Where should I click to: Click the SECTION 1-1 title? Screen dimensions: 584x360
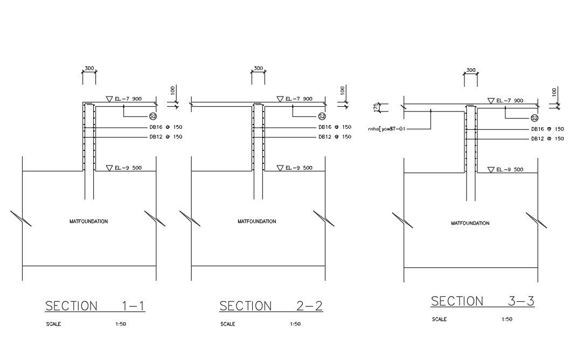95,306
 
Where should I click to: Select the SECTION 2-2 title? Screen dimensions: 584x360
271,306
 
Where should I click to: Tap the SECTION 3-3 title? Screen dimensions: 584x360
483,301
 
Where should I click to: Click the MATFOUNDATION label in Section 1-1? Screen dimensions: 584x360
89,221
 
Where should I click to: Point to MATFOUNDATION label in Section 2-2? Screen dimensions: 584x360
257,221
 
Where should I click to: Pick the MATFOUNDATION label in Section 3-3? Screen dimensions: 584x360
470,223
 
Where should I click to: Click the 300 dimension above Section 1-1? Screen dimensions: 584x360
89,68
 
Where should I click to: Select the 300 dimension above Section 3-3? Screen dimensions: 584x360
471,70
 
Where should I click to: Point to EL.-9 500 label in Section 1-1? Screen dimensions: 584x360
128,168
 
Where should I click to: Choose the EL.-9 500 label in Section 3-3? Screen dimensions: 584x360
510,170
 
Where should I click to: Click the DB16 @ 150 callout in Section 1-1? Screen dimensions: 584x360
166,127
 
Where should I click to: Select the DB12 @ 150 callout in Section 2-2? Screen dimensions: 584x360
335,137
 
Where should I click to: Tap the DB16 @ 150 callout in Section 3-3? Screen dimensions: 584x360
547,129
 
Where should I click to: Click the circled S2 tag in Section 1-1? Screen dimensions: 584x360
153,116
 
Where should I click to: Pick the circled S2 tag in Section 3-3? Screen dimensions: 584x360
534,118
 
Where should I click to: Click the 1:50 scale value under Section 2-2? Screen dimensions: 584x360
295,324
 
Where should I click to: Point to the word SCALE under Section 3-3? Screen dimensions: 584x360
440,320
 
